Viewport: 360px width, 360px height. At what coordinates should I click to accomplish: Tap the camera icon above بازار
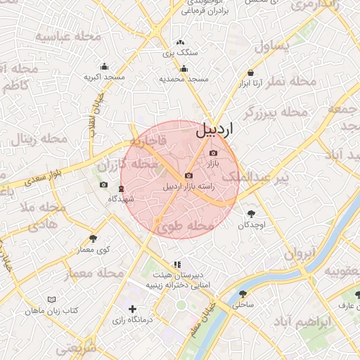click(214, 153)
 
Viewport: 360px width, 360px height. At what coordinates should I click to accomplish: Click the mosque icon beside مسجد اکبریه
click(105, 66)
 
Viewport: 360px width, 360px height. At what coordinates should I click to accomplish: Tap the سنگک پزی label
click(180, 53)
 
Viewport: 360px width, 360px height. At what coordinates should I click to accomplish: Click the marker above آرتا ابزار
click(252, 72)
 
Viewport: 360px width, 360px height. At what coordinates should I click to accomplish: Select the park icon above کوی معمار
click(94, 239)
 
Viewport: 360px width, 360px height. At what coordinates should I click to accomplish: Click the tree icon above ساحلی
click(243, 295)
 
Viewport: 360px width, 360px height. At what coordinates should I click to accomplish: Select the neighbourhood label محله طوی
click(185, 226)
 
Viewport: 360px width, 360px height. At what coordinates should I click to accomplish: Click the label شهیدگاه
click(120, 199)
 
